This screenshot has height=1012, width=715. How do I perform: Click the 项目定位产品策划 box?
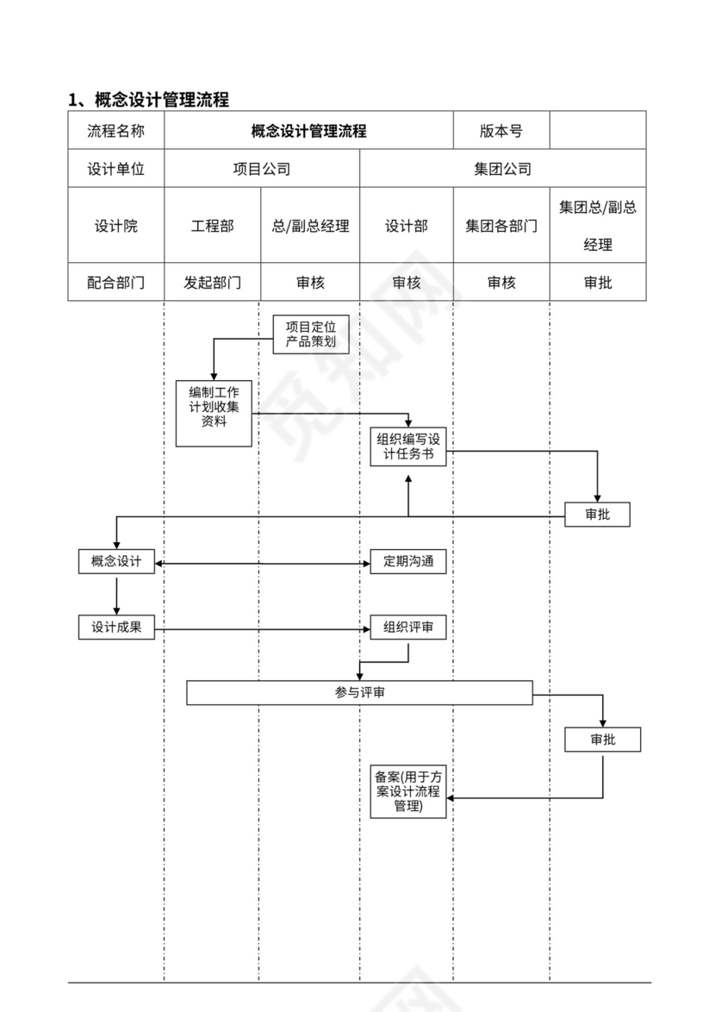[x=311, y=334]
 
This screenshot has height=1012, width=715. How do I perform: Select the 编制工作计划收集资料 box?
[x=214, y=413]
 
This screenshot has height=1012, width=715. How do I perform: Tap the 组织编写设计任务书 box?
[x=408, y=447]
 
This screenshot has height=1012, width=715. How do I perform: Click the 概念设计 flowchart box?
[x=116, y=561]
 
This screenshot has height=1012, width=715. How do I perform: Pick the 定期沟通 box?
[x=408, y=561]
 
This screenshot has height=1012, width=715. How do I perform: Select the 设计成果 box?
[x=116, y=628]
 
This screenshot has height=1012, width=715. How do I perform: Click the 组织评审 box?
[x=408, y=628]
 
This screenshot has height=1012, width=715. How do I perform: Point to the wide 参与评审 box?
[x=359, y=692]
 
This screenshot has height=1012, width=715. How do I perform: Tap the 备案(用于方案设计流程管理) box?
[x=408, y=791]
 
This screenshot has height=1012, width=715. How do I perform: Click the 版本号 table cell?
[x=501, y=131]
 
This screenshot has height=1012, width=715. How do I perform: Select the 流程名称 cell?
[x=115, y=131]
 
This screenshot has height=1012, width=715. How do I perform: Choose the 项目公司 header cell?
[x=262, y=169]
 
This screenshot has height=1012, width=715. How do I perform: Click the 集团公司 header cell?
[x=502, y=169]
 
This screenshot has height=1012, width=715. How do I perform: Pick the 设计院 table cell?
[x=115, y=226]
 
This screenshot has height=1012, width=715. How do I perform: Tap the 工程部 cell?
[x=212, y=226]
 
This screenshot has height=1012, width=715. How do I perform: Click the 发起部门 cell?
[x=212, y=282]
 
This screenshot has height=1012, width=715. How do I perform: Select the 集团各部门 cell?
[x=501, y=226]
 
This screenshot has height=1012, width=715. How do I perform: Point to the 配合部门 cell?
[x=115, y=282]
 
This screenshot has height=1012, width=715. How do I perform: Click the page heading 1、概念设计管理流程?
[x=149, y=99]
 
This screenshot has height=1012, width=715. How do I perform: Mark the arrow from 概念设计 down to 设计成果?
[x=116, y=595]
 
